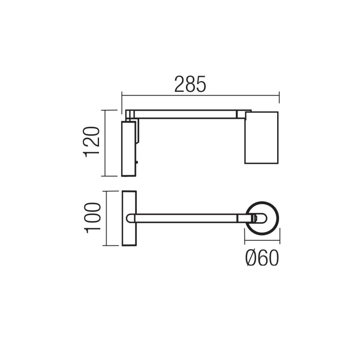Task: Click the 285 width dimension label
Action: pos(190,84)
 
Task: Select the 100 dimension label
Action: pos(91,218)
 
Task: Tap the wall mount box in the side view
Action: pos(129,148)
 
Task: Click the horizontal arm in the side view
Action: pos(184,114)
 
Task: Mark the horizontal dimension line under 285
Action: pos(200,95)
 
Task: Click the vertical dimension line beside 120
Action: pos(105,143)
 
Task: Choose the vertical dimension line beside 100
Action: pos(105,218)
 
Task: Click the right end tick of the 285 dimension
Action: pos(279,95)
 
